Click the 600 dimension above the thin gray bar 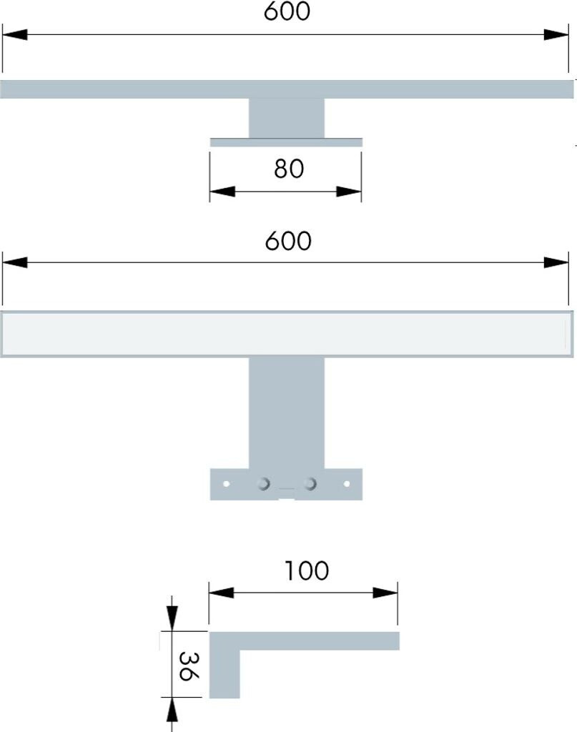click(x=287, y=11)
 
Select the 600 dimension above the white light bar click(x=287, y=241)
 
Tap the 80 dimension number click(x=289, y=169)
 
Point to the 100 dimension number click(x=307, y=570)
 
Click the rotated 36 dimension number click(x=189, y=667)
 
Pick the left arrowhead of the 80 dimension click(x=222, y=192)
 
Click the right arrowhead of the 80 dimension click(x=349, y=192)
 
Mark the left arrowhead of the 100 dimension click(x=221, y=593)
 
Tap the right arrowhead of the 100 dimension click(x=385, y=593)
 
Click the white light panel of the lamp click(x=287, y=334)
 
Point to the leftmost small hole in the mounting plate click(x=227, y=484)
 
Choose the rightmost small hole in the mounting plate click(x=346, y=484)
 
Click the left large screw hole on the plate click(x=264, y=484)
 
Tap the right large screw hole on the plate click(x=310, y=484)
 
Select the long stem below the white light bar click(x=286, y=412)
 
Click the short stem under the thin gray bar click(x=286, y=118)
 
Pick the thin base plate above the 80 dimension click(x=286, y=142)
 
